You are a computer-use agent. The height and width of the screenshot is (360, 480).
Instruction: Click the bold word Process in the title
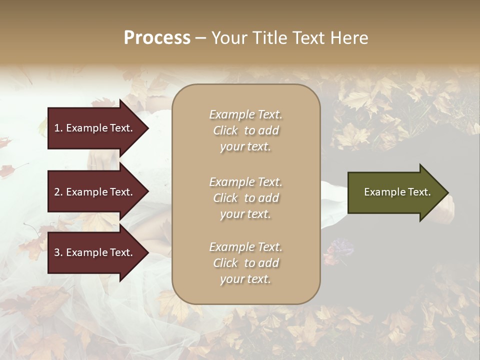157,38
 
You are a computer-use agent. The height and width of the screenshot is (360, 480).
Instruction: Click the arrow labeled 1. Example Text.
95,128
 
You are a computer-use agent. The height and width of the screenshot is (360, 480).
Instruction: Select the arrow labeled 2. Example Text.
95,192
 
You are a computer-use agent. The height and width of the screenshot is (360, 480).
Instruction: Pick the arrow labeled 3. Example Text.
95,252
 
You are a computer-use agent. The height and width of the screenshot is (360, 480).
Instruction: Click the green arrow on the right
395,192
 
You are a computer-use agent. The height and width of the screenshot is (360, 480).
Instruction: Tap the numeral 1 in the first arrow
57,128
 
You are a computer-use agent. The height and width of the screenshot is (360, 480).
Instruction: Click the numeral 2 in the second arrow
57,192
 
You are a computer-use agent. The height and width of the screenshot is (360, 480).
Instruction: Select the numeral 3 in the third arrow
57,252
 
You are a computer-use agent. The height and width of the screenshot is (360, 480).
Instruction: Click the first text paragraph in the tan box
245,130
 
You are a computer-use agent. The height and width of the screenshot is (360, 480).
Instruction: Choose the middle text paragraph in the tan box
245,198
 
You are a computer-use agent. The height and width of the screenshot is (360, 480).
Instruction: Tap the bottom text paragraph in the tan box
245,263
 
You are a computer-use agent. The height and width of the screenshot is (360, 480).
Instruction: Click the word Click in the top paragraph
225,130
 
